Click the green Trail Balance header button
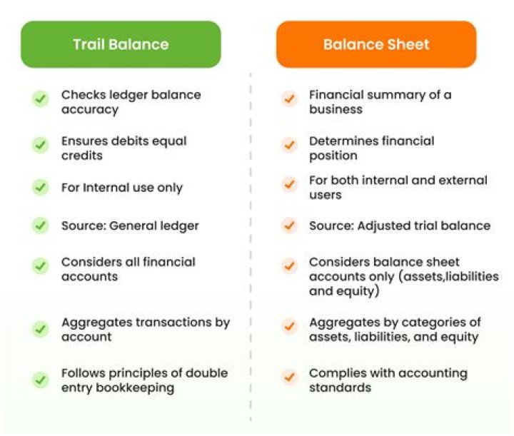(x=121, y=44)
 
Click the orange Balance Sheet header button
(x=376, y=44)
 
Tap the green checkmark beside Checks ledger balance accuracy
(x=41, y=99)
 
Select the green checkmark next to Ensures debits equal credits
(x=41, y=145)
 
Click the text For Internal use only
(x=122, y=188)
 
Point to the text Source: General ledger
(x=130, y=225)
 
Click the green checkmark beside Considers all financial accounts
(x=41, y=266)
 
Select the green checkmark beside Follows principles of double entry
(x=41, y=380)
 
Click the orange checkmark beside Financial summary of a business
(x=289, y=99)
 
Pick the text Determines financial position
(x=371, y=148)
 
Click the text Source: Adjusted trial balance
(x=400, y=225)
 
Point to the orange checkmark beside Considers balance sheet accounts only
(x=289, y=266)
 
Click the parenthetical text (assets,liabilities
(x=438, y=277)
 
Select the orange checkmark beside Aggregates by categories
(x=289, y=326)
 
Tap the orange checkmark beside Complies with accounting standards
(x=289, y=376)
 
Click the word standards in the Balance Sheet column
(x=340, y=387)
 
